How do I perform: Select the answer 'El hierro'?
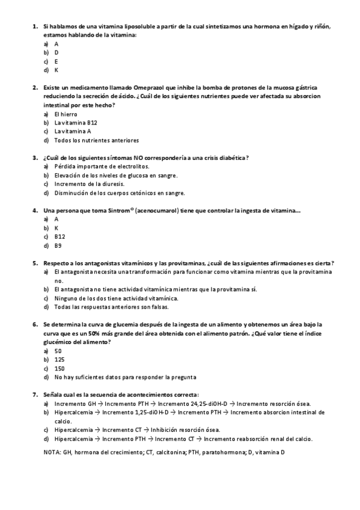66,114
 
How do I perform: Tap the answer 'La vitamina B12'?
76,122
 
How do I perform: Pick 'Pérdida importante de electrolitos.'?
102,166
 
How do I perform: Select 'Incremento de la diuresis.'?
89,184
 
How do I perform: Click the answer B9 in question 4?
58,245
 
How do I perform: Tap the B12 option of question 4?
59,237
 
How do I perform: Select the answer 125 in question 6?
59,359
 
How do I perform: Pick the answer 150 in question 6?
59,368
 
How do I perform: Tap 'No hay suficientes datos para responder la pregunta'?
125,377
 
